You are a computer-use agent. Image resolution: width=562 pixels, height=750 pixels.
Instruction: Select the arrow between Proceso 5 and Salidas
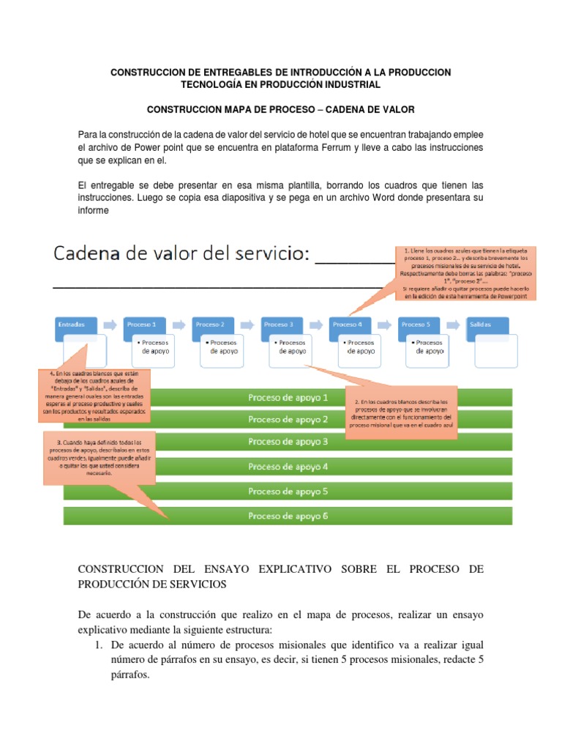tap(452, 324)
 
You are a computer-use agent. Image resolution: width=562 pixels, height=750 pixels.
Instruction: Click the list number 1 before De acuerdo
tap(100, 645)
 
